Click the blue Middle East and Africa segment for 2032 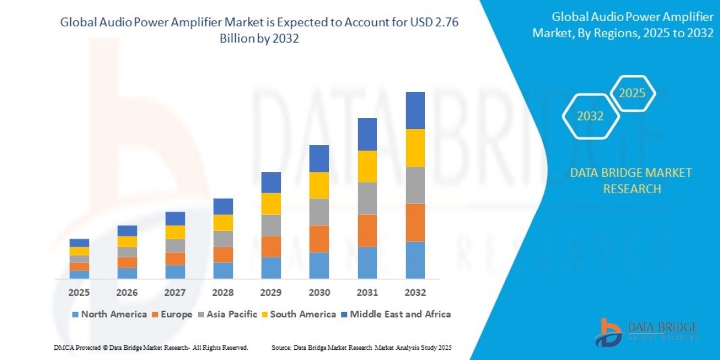point(415,110)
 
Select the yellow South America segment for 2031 point(367,166)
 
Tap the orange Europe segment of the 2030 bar point(319,239)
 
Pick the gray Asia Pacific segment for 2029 point(271,226)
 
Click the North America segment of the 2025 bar point(79,274)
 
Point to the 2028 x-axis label point(223,293)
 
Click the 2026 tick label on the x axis point(127,293)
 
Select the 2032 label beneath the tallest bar point(415,293)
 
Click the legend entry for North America point(109,314)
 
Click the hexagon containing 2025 point(631,94)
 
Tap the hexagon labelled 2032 point(590,116)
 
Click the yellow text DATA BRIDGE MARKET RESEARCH point(631,181)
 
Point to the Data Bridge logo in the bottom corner point(647,331)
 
